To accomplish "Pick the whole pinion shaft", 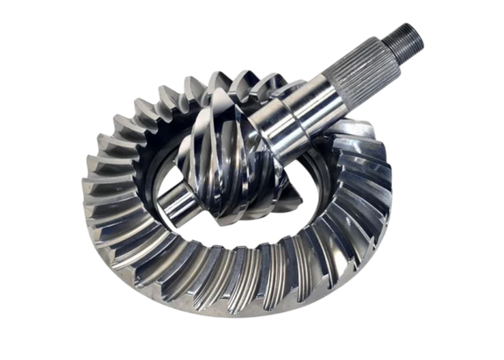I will [x=298, y=123].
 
